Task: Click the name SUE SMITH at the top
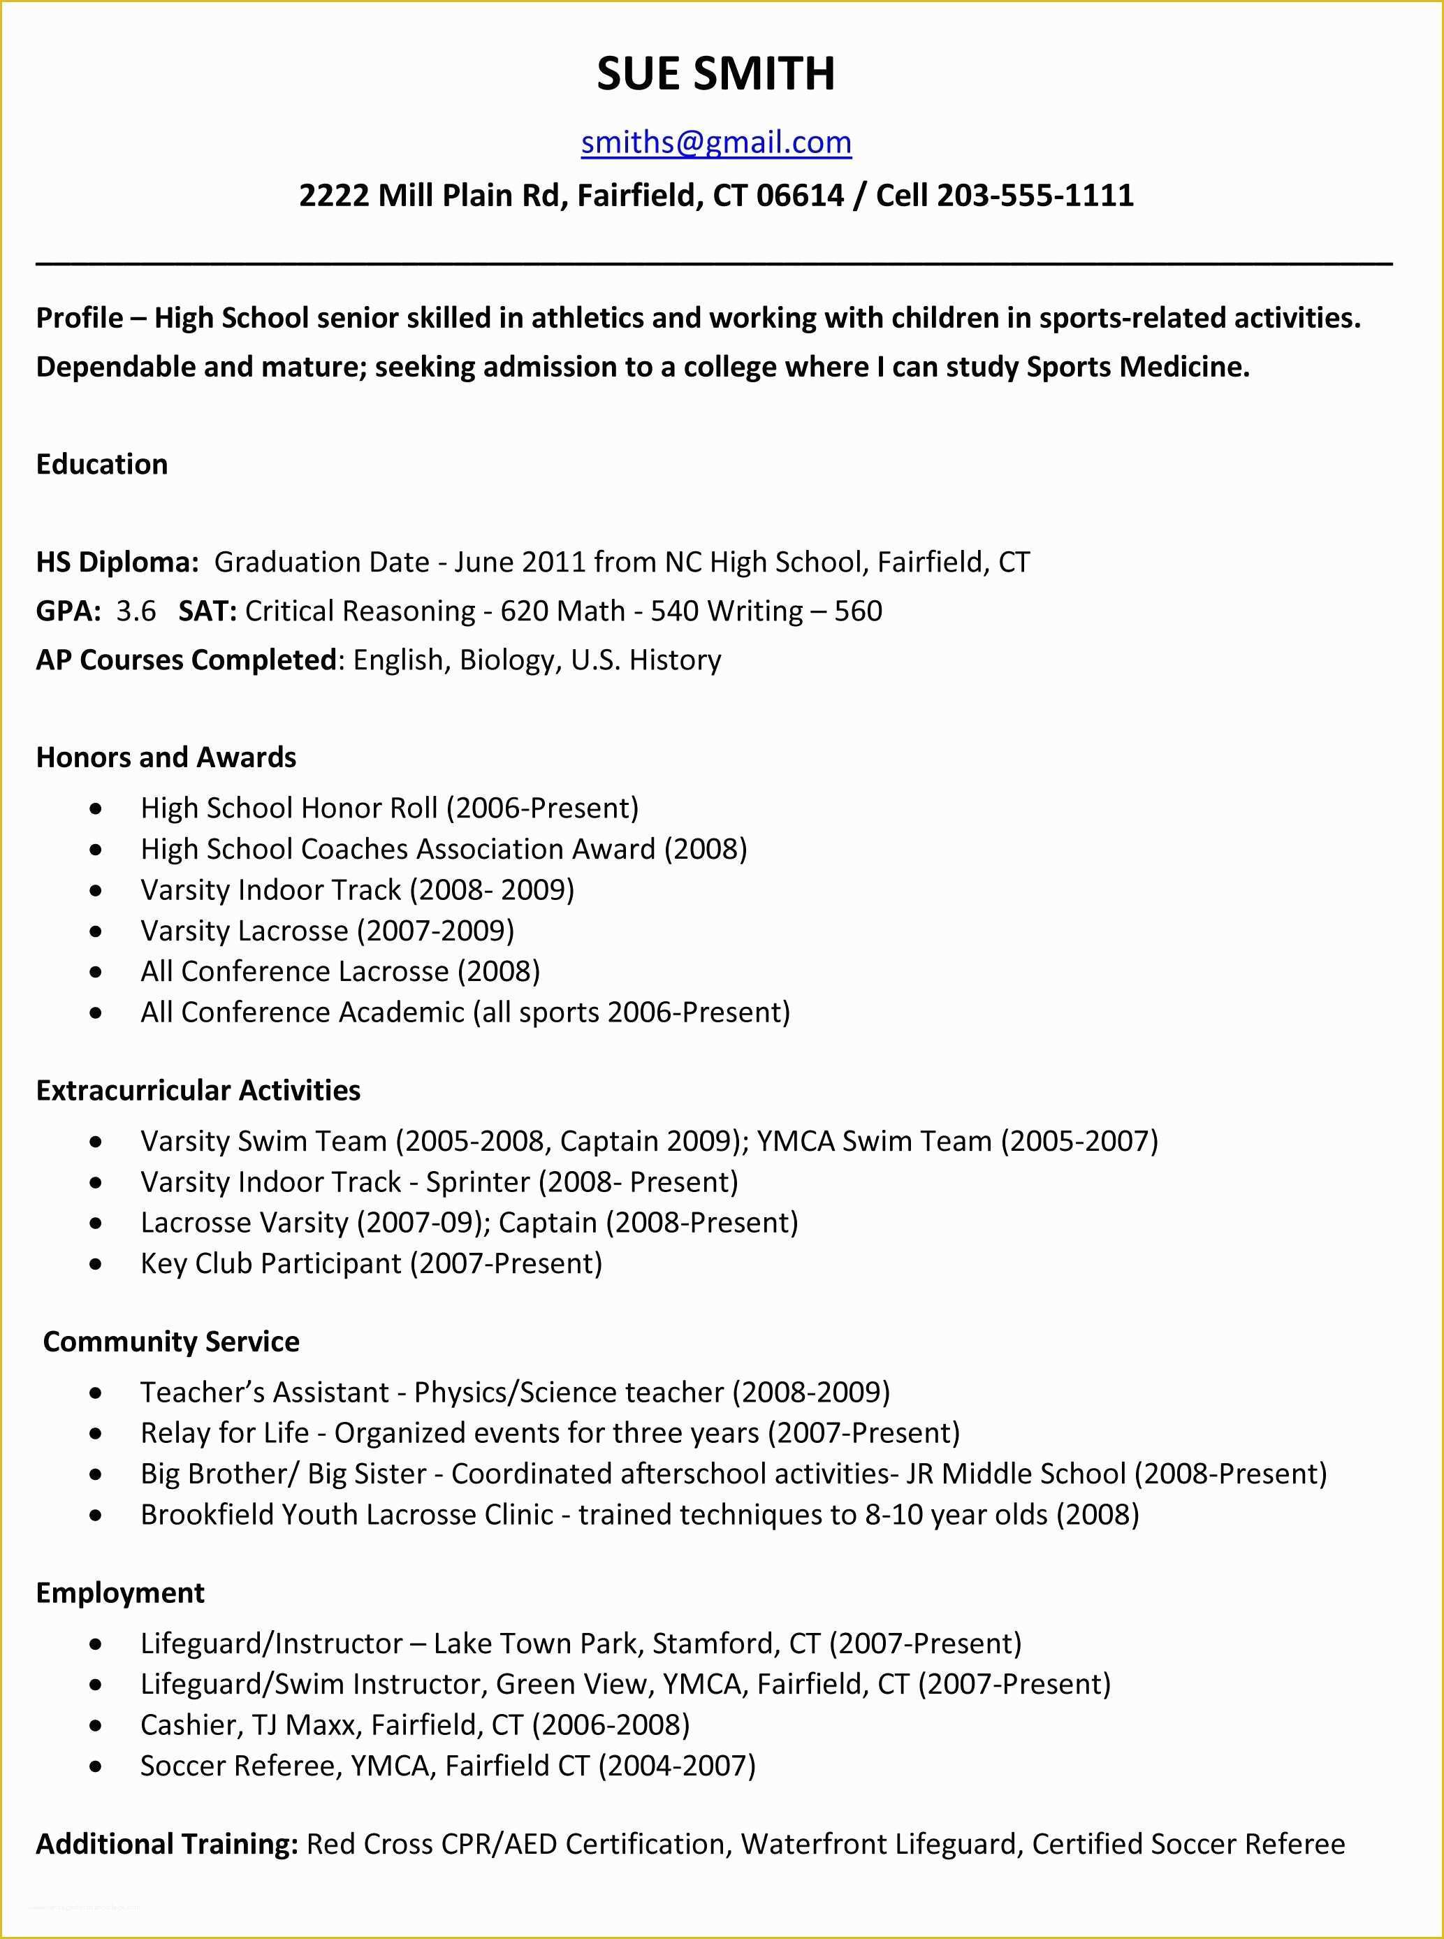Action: (716, 73)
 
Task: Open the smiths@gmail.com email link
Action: (716, 143)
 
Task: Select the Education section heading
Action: (101, 464)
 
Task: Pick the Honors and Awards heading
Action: (166, 757)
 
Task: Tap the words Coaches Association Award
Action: (478, 849)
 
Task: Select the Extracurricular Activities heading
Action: (198, 1090)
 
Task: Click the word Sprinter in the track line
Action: (477, 1182)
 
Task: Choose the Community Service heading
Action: (170, 1342)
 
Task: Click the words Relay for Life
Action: (225, 1433)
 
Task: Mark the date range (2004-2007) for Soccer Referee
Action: (676, 1765)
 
